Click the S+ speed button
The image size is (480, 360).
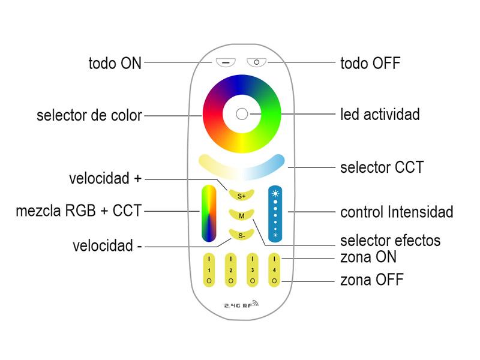tap(241, 194)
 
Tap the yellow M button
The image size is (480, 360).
tap(241, 215)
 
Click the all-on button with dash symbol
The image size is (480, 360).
tap(226, 62)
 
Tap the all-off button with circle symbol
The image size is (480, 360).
tap(257, 62)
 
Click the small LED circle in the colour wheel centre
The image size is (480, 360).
tap(241, 113)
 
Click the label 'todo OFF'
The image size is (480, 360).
tap(370, 62)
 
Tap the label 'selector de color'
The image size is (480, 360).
tap(89, 115)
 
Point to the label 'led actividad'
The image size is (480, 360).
tap(380, 113)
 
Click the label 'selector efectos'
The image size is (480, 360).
tap(390, 241)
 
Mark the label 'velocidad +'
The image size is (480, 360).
tap(106, 179)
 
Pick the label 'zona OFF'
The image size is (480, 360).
tap(372, 280)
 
